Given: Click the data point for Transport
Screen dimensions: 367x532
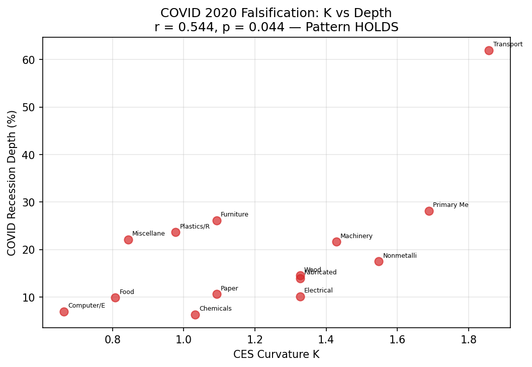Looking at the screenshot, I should pyautogui.click(x=489, y=50).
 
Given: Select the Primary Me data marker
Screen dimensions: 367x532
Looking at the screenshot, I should pyautogui.click(x=429, y=211).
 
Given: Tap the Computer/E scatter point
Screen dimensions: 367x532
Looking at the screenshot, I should pyautogui.click(x=64, y=312).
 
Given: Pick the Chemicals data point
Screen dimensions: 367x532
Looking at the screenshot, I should pyautogui.click(x=195, y=315).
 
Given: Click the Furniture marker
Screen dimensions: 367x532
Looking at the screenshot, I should pyautogui.click(x=217, y=221).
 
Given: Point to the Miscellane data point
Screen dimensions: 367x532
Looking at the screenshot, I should pyautogui.click(x=128, y=240).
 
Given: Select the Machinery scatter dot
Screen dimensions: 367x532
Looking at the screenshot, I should pyautogui.click(x=336, y=242).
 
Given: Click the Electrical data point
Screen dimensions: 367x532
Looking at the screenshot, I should pyautogui.click(x=300, y=297).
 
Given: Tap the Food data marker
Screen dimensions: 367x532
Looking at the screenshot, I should pyautogui.click(x=115, y=298).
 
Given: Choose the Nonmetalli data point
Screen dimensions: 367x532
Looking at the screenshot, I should pyautogui.click(x=379, y=261).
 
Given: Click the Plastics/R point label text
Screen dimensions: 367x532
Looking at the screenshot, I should pyautogui.click(x=195, y=227).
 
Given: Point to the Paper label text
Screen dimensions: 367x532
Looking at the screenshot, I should pyautogui.click(x=229, y=288).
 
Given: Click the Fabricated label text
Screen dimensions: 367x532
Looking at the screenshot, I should pyautogui.click(x=321, y=273).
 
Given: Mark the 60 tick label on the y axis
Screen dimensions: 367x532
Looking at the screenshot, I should pyautogui.click(x=28, y=60).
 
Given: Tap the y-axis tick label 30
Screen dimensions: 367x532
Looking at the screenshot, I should pyautogui.click(x=28, y=202).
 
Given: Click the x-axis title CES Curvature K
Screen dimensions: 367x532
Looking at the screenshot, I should pyautogui.click(x=276, y=354).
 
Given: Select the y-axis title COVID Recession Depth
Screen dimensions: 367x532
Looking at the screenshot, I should pyautogui.click(x=12, y=183).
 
